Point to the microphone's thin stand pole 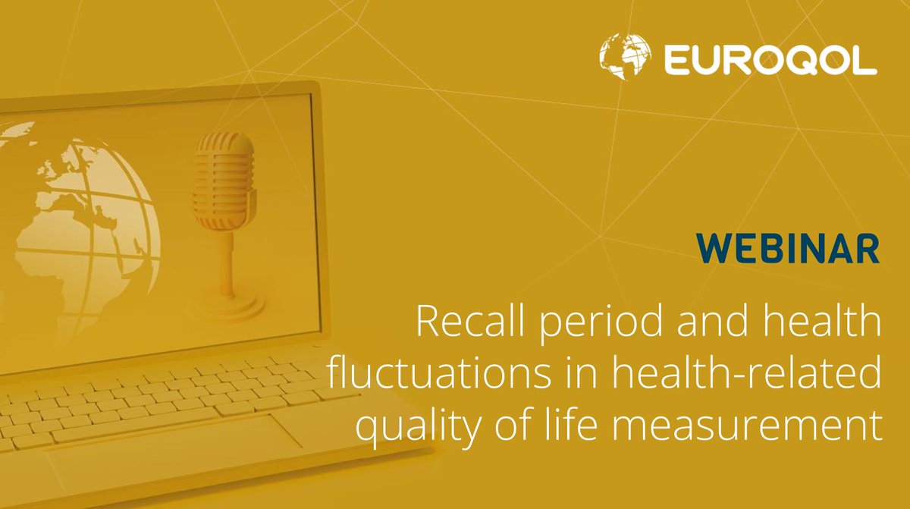(225, 250)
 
